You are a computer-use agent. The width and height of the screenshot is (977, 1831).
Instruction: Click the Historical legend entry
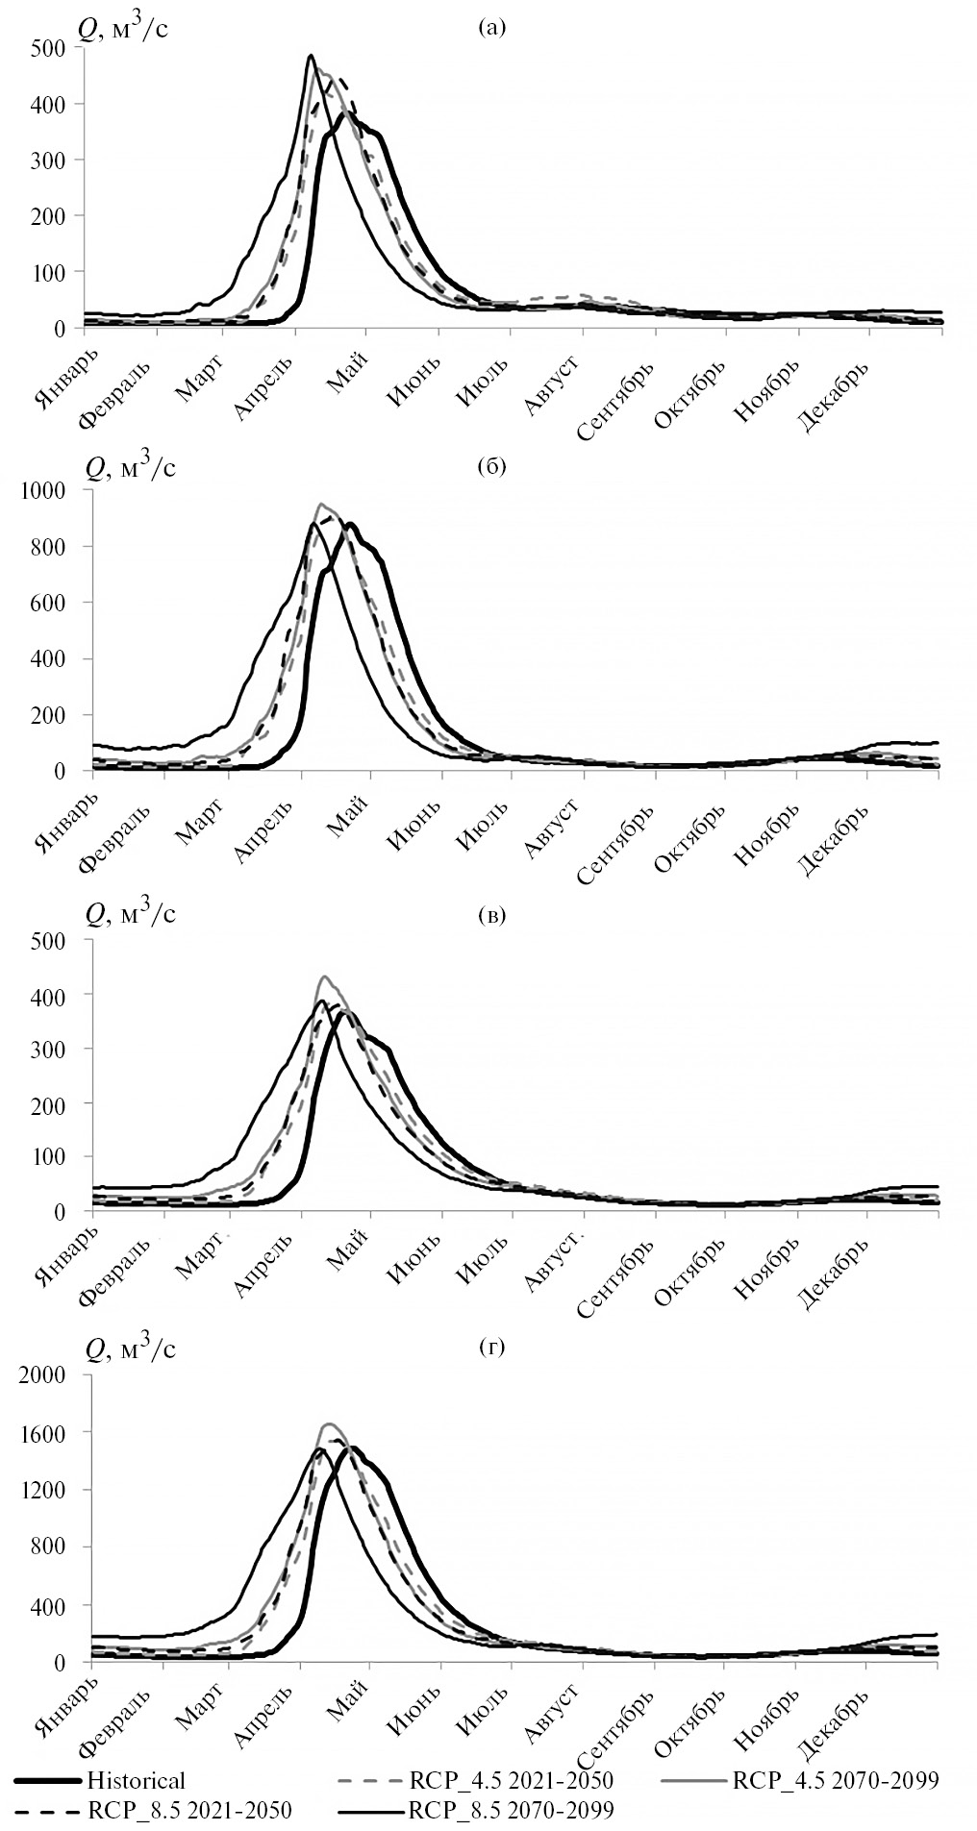pos(136,1781)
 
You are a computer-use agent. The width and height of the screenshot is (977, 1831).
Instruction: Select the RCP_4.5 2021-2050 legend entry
pos(511,1781)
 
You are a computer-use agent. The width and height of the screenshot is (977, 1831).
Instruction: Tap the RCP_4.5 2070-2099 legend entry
pos(836,1781)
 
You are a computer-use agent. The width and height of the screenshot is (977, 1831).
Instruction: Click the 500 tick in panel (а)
pos(48,47)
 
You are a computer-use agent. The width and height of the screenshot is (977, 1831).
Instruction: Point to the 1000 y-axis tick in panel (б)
pos(43,490)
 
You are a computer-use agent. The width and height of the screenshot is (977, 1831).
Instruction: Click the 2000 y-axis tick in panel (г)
pos(43,1375)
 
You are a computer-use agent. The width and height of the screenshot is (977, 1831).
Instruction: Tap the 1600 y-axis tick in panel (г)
pos(43,1433)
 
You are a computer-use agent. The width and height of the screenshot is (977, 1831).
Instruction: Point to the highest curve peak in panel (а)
pos(311,56)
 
